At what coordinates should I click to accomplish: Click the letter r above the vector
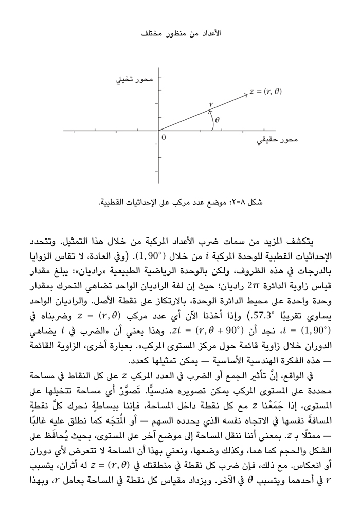coord(210,105)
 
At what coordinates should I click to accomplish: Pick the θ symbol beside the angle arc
coord(217,120)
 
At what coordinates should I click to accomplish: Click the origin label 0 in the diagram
coord(164,137)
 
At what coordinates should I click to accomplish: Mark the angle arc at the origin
coord(211,122)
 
